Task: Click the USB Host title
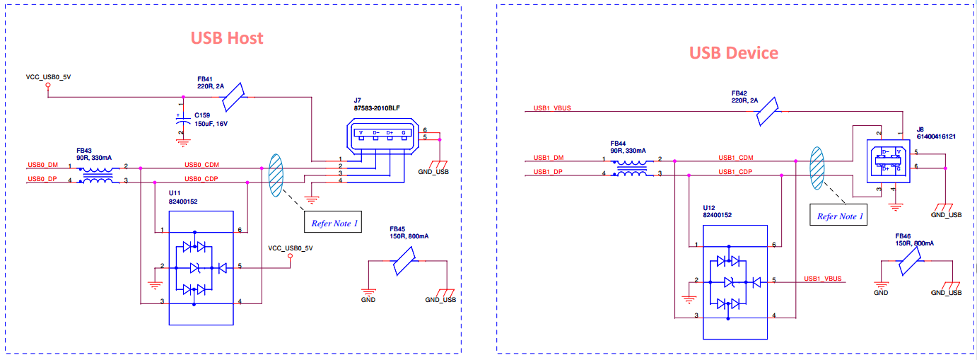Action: [227, 37]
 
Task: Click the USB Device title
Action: [733, 53]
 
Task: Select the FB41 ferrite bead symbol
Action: [233, 97]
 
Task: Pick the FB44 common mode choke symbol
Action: [632, 167]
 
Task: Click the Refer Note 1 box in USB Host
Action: [335, 223]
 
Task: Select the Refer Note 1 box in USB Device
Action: [841, 216]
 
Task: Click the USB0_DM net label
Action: [42, 165]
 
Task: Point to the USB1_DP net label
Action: [549, 172]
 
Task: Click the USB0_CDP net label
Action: [202, 178]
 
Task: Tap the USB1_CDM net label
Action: [736, 158]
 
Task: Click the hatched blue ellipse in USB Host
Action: [276, 174]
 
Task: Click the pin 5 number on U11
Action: [240, 267]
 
